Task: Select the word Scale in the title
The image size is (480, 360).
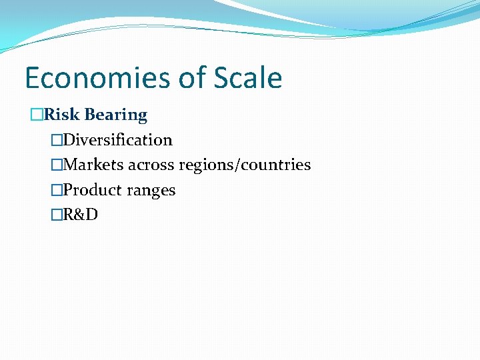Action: tap(248, 78)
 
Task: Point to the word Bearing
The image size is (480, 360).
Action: tap(116, 115)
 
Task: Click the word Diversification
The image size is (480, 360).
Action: tap(118, 140)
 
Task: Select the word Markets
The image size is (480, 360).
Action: tap(93, 165)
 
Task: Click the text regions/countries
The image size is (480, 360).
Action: tap(245, 165)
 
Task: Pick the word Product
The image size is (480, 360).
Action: tap(94, 190)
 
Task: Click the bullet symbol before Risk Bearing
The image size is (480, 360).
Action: tap(37, 115)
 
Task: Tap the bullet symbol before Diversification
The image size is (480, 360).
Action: tap(57, 140)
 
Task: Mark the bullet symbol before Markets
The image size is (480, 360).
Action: tap(57, 165)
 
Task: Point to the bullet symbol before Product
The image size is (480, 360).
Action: tap(57, 190)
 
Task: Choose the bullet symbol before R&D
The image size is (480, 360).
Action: tap(57, 215)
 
